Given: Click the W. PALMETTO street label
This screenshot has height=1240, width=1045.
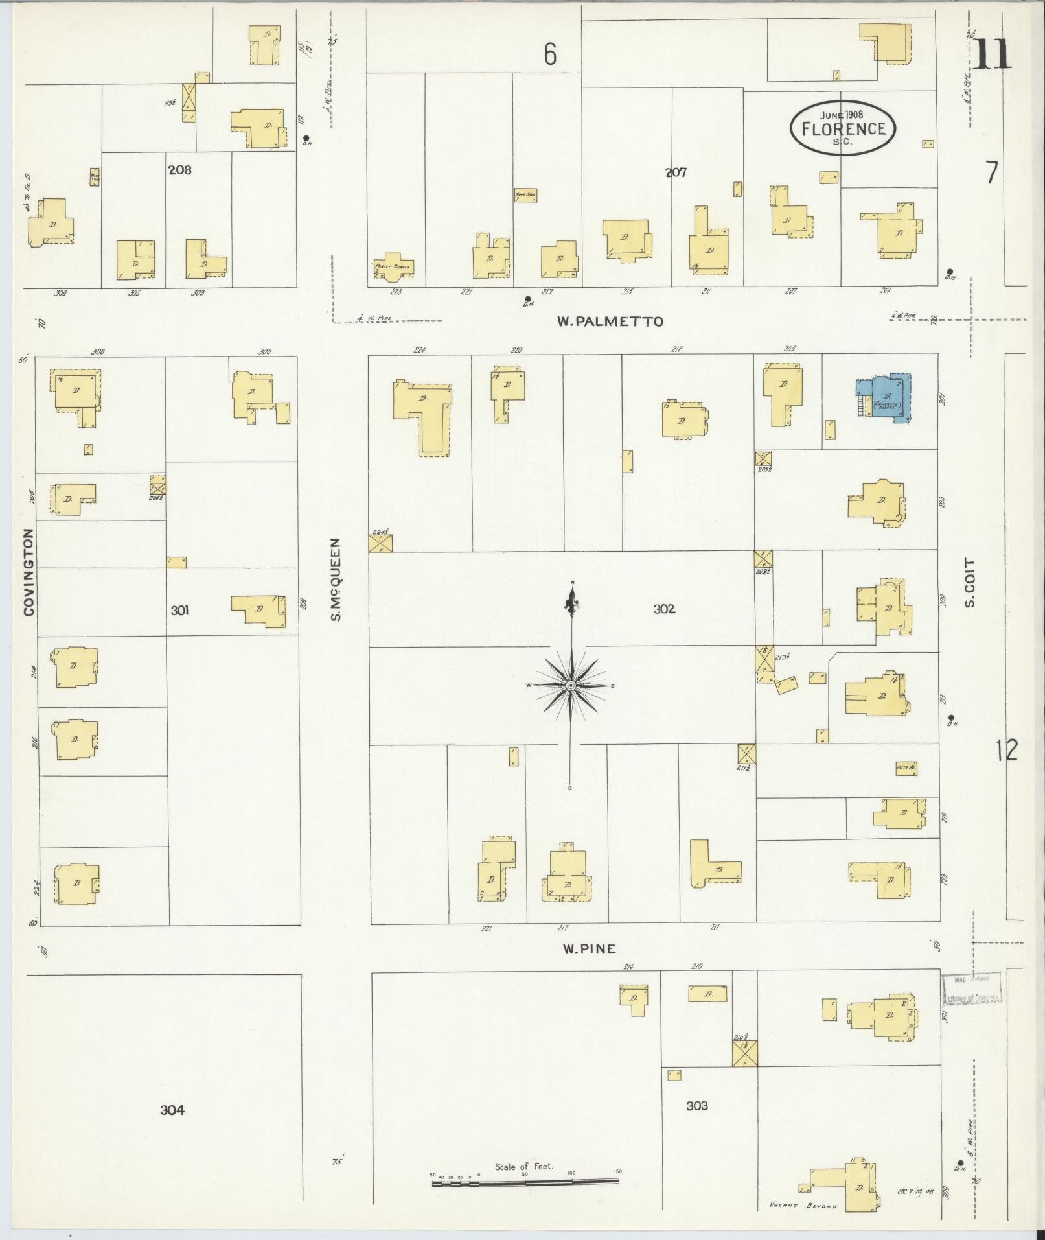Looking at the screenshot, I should (x=610, y=321).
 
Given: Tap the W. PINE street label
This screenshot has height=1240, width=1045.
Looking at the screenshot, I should (x=588, y=949).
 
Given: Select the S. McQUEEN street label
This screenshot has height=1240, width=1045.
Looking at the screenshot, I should (x=336, y=579).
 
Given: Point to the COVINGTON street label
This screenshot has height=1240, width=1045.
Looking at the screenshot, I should (x=29, y=572).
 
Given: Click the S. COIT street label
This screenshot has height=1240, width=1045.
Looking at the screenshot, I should (x=970, y=583).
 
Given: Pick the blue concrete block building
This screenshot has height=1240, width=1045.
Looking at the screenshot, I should (x=886, y=398).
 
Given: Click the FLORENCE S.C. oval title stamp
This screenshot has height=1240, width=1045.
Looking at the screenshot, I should (x=842, y=128).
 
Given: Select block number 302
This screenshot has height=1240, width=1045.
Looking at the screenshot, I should (x=664, y=609).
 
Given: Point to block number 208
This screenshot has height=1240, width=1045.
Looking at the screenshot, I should (x=179, y=170).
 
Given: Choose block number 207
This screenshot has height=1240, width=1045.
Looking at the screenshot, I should (x=676, y=172).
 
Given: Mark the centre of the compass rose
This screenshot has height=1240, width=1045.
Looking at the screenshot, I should (x=571, y=685).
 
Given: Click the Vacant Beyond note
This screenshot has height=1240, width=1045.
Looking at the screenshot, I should (x=803, y=1206).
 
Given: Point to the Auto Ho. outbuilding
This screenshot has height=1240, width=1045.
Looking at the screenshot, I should (x=906, y=767).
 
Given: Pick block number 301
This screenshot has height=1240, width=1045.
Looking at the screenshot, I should (x=179, y=610).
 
